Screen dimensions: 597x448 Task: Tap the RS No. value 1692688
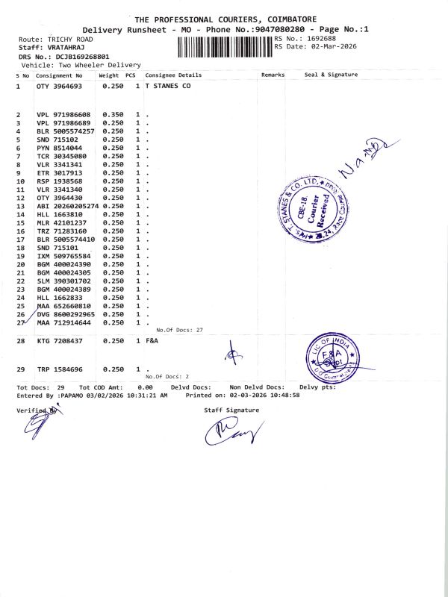click(x=320, y=38)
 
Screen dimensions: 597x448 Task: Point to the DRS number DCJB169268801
click(x=83, y=56)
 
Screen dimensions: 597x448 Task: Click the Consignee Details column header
click(x=173, y=75)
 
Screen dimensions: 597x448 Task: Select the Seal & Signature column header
click(x=331, y=75)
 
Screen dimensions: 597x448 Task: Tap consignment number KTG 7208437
click(x=60, y=340)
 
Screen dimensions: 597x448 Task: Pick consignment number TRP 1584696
click(x=60, y=369)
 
